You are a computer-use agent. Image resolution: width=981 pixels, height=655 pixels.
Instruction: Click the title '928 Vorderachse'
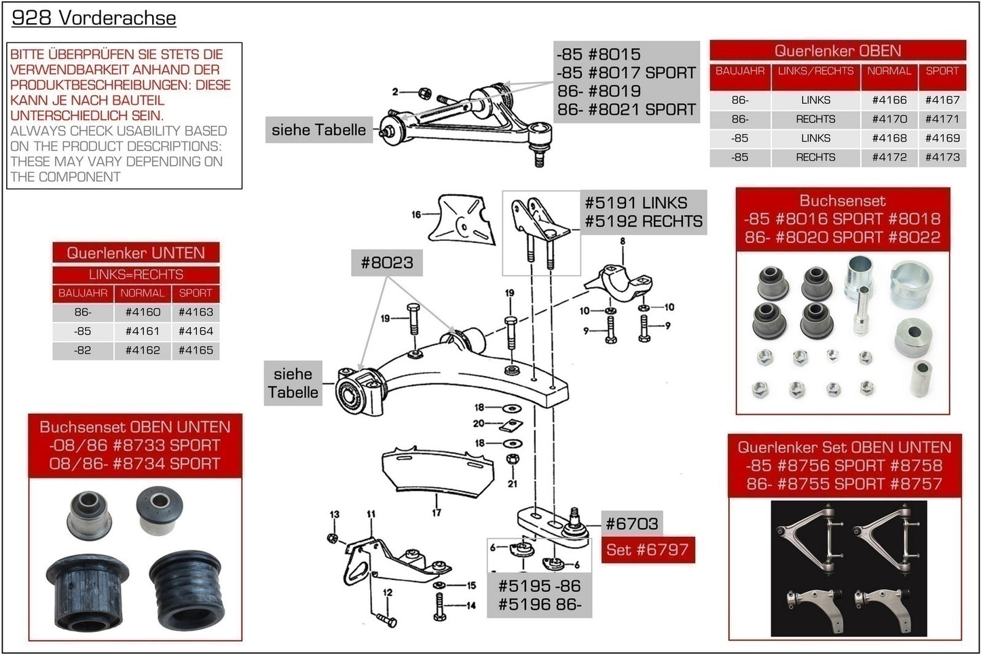[94, 18]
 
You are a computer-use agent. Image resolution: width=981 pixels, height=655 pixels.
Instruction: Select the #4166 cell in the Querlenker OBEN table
[889, 100]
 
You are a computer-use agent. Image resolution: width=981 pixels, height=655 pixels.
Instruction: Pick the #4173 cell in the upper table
[942, 157]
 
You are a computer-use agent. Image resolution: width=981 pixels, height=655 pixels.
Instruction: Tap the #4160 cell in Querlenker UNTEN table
[143, 312]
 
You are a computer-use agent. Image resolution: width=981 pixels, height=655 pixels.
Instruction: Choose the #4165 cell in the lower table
[196, 350]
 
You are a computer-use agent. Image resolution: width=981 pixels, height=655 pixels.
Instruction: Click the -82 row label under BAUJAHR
[83, 350]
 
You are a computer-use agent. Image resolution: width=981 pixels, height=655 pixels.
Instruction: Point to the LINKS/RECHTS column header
[815, 71]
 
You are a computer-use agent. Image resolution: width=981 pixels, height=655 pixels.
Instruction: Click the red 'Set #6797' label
[647, 550]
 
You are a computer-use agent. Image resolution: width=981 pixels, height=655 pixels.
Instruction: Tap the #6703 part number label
[631, 523]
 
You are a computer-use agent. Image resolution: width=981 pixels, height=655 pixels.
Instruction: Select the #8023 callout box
[386, 262]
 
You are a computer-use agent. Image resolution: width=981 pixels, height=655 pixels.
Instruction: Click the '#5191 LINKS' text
[635, 202]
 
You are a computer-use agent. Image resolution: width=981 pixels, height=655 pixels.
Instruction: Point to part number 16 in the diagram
[416, 214]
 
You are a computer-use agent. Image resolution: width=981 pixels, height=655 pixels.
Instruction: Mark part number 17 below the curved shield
[436, 512]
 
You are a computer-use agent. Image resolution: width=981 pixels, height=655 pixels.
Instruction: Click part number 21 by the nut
[513, 483]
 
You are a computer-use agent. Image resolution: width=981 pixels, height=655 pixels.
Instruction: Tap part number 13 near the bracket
[334, 514]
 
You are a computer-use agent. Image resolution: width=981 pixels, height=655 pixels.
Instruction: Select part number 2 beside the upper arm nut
[395, 92]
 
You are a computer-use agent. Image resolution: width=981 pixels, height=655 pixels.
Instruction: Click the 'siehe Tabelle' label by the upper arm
[318, 130]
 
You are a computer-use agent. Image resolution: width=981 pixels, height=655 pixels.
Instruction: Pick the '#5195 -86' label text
[539, 586]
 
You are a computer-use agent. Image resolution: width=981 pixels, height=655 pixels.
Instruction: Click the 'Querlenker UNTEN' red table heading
[136, 252]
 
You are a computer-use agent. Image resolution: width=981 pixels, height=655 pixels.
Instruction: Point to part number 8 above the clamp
[622, 241]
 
